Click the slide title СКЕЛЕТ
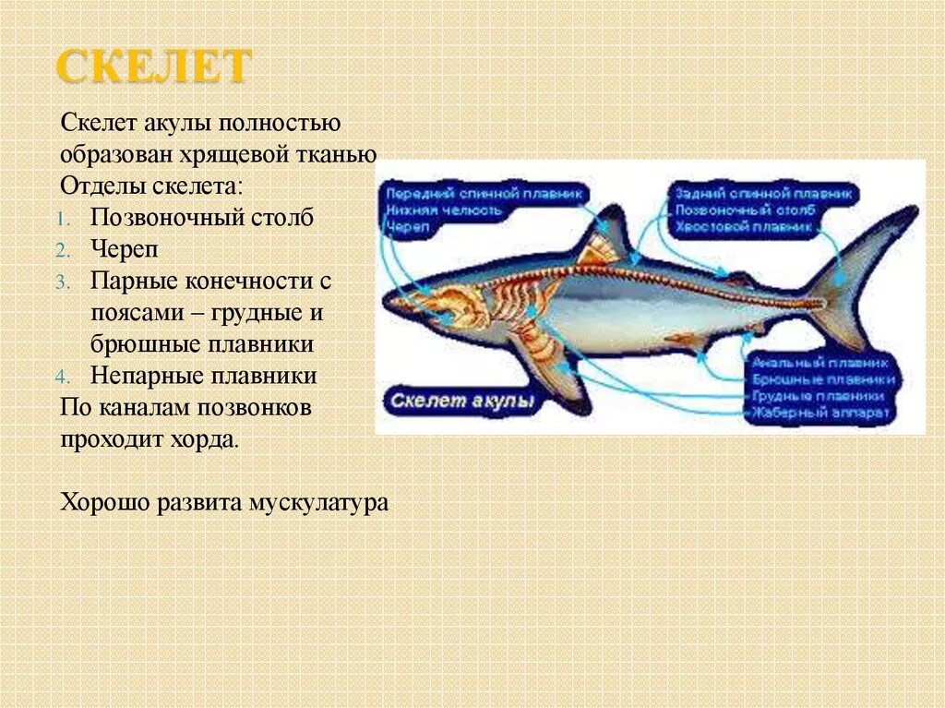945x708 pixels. pos(154,67)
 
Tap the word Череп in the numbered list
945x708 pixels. pos(120,249)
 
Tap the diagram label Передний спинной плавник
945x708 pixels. pos(484,194)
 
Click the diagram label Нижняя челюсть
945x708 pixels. pos(444,210)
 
